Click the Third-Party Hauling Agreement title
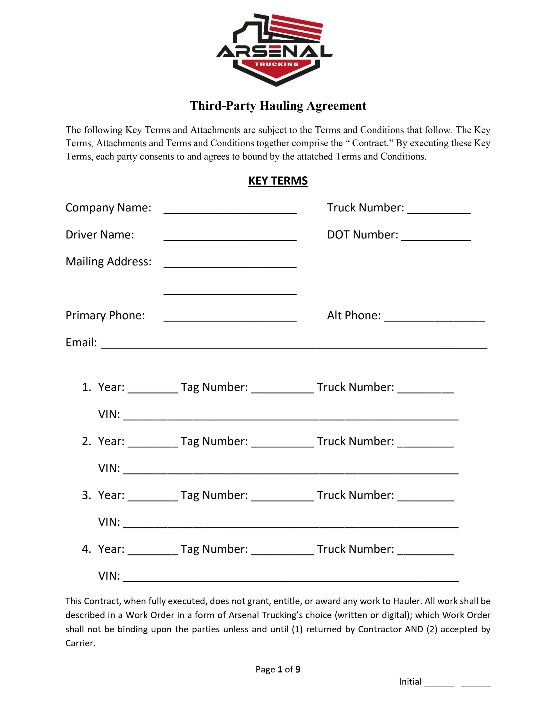click(x=278, y=106)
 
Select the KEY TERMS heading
click(x=278, y=181)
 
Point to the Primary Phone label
click(x=105, y=316)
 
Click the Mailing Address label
click(x=109, y=262)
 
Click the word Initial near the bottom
click(x=410, y=681)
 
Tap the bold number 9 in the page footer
click(x=298, y=669)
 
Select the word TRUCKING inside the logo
click(x=276, y=64)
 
